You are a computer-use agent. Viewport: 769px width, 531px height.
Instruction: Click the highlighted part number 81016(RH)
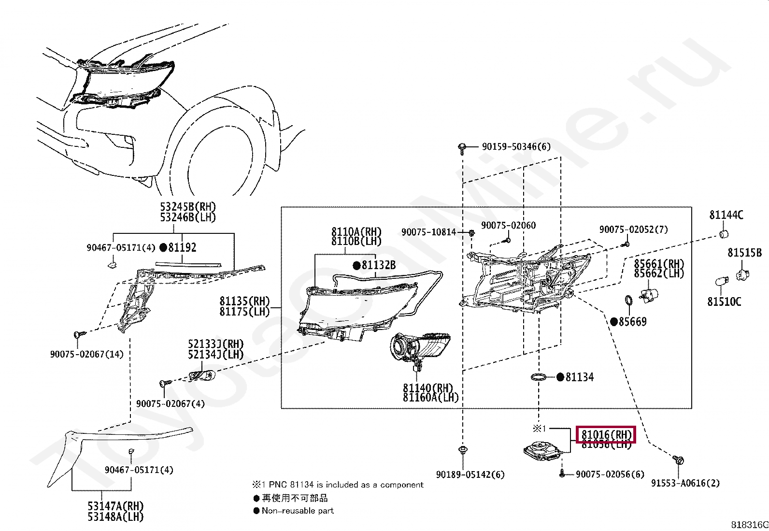pos(606,434)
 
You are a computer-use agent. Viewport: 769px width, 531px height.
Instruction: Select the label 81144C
pos(726,215)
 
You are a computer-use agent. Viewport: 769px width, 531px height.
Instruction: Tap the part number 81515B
pos(744,253)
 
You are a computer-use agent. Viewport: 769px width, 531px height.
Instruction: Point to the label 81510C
pos(724,302)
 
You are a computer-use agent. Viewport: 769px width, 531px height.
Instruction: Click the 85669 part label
pos(632,321)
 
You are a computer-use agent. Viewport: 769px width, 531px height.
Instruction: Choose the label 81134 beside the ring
pos(579,377)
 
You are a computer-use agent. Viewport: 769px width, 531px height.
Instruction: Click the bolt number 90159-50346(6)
pos(516,146)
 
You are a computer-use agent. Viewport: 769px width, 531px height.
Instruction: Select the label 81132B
pos(378,265)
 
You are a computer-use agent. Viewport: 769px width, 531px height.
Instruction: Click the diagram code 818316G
pos(749,525)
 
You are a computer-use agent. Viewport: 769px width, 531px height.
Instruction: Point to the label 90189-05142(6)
pos(470,474)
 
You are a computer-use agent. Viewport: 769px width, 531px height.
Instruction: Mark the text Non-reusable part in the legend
pos(298,511)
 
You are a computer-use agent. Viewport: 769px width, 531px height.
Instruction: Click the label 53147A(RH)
pos(115,506)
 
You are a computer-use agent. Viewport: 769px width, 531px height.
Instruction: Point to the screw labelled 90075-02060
pos(508,239)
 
